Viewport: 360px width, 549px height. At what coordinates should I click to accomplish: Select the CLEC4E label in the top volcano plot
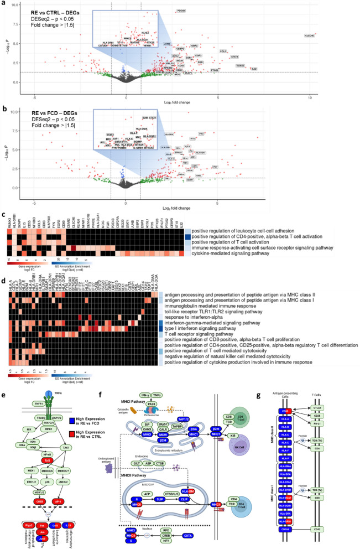click(x=310, y=36)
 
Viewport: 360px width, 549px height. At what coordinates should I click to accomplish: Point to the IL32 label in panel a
click(x=254, y=69)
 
